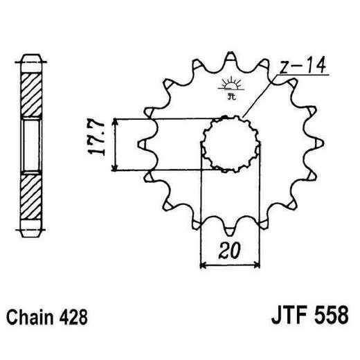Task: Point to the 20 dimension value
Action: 230,251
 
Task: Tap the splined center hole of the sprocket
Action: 231,143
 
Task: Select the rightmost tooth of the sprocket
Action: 320,143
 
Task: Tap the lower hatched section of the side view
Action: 31,196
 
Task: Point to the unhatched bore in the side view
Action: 31,144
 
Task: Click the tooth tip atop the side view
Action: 31,57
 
